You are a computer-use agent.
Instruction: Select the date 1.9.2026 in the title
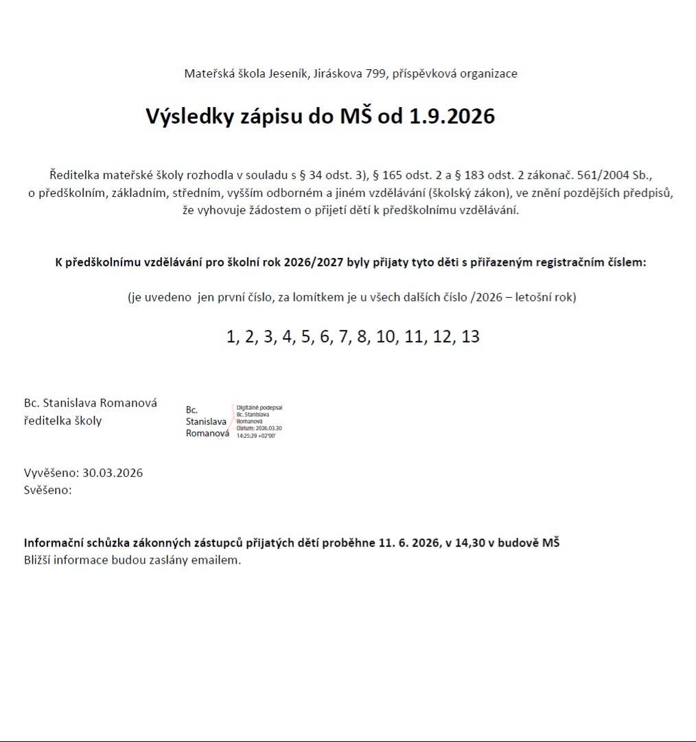tap(452, 116)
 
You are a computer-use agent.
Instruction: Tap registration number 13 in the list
tap(471, 337)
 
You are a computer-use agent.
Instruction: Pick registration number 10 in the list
tap(386, 337)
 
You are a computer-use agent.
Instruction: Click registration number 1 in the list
tap(231, 337)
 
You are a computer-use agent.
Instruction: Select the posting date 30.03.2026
tap(113, 473)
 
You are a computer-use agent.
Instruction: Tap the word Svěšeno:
tap(48, 490)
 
